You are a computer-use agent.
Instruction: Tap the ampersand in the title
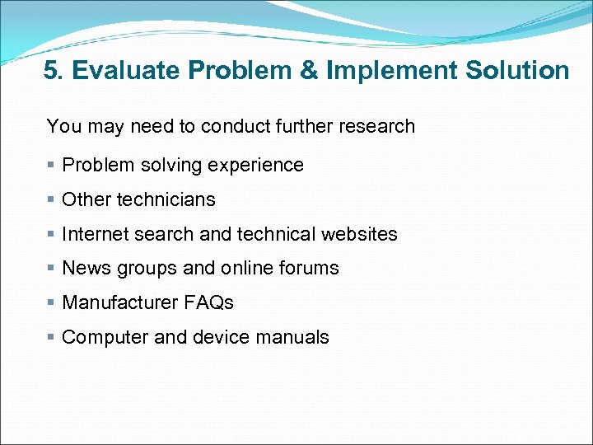click(311, 71)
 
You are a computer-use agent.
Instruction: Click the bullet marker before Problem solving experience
click(51, 165)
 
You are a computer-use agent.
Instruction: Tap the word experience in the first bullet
click(263, 166)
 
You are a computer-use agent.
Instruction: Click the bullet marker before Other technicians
click(51, 199)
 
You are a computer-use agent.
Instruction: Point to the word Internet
click(93, 234)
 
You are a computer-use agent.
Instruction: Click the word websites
click(359, 234)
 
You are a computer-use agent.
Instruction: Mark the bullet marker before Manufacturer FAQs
click(51, 303)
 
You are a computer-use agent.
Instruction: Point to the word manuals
click(292, 338)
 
